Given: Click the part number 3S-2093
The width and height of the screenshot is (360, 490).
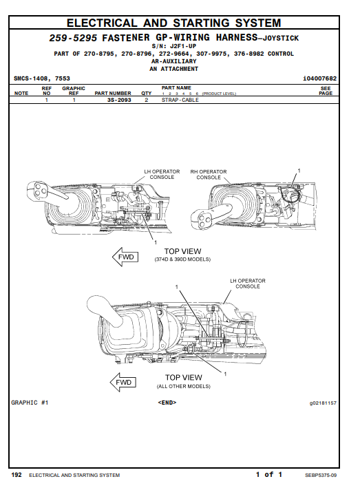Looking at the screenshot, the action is point(119,100).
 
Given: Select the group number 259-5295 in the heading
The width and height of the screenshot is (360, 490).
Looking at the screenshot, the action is point(73,38).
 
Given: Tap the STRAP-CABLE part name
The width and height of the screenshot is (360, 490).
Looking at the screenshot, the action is point(180,100).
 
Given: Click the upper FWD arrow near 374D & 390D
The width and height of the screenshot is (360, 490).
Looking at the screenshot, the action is point(125,257).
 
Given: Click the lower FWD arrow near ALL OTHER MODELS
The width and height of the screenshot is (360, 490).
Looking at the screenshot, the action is point(123,382).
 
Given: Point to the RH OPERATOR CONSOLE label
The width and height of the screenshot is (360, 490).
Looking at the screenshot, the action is point(209,174).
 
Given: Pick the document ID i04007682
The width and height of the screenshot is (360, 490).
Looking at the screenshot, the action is point(319,78).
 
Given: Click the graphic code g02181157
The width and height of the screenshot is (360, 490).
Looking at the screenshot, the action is point(323,403).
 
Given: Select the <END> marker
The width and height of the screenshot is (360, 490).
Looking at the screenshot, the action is point(167,403).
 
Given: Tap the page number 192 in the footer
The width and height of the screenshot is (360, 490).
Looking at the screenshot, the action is point(17,475).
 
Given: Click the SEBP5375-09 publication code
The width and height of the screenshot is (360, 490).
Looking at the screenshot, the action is point(321,475).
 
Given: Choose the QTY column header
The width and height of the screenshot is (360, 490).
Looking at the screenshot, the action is point(146,93).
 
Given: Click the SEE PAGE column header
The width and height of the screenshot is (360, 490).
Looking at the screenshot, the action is point(326,91).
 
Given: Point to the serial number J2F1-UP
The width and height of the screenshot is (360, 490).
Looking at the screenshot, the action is point(183,46).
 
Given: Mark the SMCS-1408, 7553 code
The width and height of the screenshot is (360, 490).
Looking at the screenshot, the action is point(42,78).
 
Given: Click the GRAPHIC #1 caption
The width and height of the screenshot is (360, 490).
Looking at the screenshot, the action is point(30,403).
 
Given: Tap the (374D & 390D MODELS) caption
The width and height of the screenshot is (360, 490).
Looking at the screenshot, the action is point(183,259).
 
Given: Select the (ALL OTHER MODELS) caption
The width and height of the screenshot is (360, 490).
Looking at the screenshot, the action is point(183,386).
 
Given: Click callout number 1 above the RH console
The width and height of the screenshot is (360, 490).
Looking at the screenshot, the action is point(299,171).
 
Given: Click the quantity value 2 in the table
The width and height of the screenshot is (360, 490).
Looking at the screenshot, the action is point(146,100).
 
